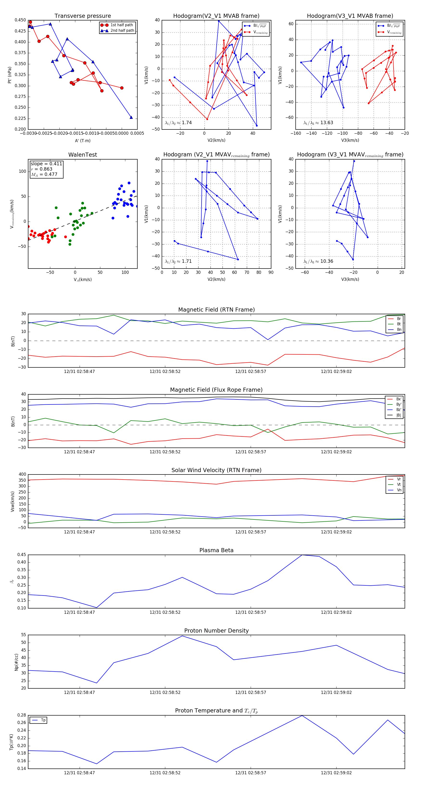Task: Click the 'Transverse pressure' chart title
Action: (x=83, y=16)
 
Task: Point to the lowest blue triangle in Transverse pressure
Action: (x=131, y=117)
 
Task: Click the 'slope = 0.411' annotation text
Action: (x=46, y=164)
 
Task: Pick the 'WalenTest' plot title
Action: (x=83, y=155)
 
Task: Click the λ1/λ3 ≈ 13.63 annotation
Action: (x=318, y=123)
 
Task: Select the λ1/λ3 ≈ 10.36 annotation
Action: (x=318, y=261)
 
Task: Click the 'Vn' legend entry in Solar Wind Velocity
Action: (x=399, y=490)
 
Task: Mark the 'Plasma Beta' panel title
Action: (x=216, y=550)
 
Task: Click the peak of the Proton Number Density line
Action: (x=182, y=636)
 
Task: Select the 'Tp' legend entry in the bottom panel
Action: (x=43, y=720)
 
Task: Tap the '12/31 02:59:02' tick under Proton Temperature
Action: (x=336, y=773)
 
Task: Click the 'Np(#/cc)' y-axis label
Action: (x=16, y=662)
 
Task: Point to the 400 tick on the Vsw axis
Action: (x=22, y=474)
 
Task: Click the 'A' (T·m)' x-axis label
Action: (x=83, y=141)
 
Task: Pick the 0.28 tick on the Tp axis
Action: (x=22, y=715)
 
